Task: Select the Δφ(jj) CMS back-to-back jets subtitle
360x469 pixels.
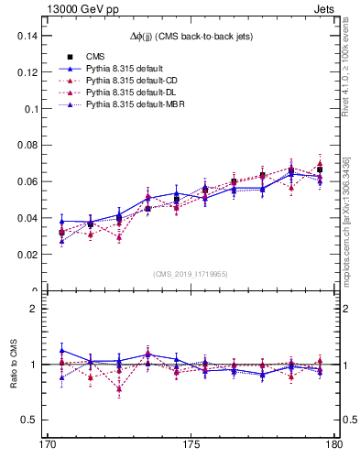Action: [191, 36]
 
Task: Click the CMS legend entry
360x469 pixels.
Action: [94, 57]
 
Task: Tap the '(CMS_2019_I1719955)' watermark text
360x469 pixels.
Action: [191, 273]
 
